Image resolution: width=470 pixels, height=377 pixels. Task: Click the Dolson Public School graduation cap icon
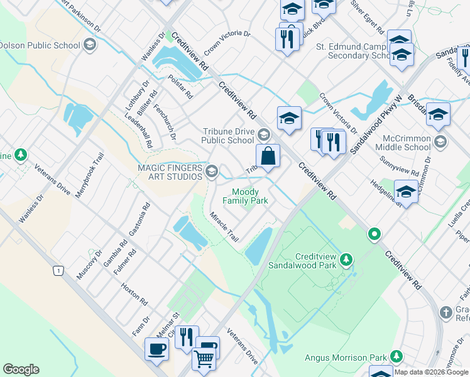tap(90, 45)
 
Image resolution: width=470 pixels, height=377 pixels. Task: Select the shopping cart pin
tap(204, 358)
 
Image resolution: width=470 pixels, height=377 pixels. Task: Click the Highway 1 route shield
tap(58, 270)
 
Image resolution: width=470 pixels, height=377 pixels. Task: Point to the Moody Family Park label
tap(249, 196)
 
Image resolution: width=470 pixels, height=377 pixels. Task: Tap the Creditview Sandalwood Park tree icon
tap(345, 259)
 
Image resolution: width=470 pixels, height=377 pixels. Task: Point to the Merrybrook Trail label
tap(88, 177)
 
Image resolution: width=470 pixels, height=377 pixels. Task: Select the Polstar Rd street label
tap(180, 87)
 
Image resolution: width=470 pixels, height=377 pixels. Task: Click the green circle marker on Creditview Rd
tap(374, 235)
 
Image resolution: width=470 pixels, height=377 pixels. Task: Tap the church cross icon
tap(445, 312)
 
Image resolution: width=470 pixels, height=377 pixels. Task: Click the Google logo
tap(21, 369)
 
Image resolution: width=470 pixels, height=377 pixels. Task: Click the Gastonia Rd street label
tap(139, 220)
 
